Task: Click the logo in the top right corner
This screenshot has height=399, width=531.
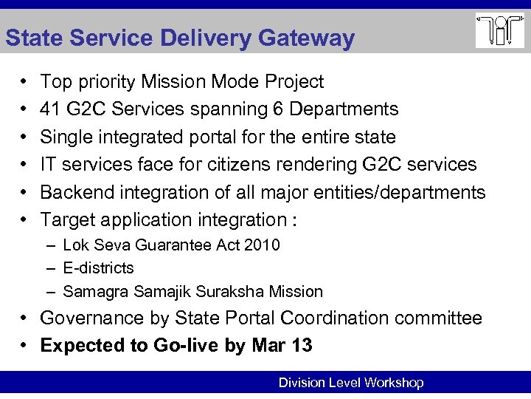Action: [499, 30]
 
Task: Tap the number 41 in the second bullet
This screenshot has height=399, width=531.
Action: [50, 109]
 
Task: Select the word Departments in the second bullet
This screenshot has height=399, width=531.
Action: [344, 109]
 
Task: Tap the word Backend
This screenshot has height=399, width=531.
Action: [73, 192]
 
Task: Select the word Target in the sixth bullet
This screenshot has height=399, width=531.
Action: [68, 219]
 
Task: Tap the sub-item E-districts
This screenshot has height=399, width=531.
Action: [98, 267]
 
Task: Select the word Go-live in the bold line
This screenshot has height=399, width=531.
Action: [186, 346]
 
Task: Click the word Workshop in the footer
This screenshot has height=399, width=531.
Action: [394, 383]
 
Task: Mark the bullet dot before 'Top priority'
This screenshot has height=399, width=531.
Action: [24, 82]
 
